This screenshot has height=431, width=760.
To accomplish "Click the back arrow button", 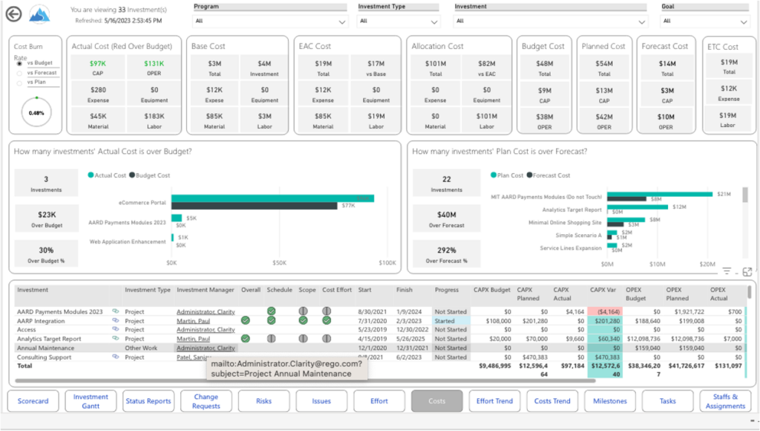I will point(13,13).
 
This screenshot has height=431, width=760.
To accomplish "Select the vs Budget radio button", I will point(19,64).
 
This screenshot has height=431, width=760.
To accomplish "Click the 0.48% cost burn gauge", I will point(36,113).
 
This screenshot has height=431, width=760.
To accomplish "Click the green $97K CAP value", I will point(98,64).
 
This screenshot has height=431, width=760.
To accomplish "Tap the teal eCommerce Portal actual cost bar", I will point(272,198).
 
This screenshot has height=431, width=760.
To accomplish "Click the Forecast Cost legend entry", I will point(550,175).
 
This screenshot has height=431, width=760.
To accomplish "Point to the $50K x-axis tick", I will point(279,262).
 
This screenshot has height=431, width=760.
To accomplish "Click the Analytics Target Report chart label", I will point(573,210).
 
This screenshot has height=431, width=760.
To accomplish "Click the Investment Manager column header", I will point(205,290).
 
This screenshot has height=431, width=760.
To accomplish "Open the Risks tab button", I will point(263,401).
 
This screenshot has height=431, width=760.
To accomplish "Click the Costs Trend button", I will point(553,401).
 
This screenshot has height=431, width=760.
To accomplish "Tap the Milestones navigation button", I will point(610,401).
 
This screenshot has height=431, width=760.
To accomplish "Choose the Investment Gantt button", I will point(91,401).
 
